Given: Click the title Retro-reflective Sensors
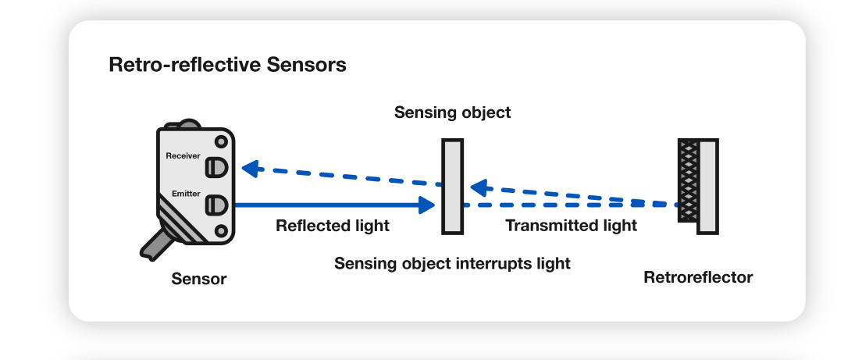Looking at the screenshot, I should (x=227, y=65).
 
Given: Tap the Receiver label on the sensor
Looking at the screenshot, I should (x=183, y=156).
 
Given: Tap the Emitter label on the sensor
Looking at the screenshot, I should (x=186, y=193).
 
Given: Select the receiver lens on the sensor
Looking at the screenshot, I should (x=215, y=168).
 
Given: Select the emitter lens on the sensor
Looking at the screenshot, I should (x=215, y=205).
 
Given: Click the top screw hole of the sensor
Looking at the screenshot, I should (x=222, y=141).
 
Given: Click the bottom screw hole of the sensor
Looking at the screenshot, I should (x=222, y=231).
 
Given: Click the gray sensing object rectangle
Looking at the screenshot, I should (x=453, y=186).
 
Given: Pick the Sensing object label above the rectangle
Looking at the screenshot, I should (x=452, y=112).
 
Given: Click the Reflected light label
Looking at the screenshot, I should (x=333, y=226).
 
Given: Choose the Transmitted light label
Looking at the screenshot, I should (x=571, y=226).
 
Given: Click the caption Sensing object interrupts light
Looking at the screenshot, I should (x=452, y=263).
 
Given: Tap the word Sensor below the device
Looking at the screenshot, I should (x=199, y=279).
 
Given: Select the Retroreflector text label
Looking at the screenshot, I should (x=697, y=277).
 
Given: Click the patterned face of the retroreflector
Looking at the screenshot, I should (x=688, y=186).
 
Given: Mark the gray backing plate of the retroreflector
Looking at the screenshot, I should (x=707, y=186).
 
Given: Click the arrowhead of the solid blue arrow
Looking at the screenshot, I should (x=426, y=205).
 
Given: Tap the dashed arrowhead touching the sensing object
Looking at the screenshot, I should (x=477, y=187).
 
